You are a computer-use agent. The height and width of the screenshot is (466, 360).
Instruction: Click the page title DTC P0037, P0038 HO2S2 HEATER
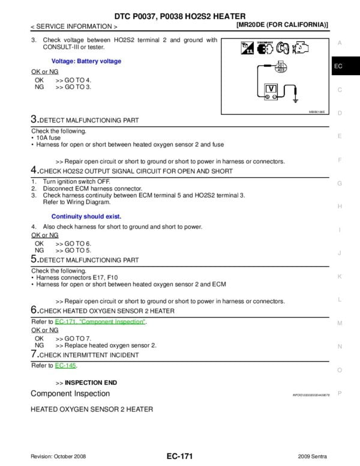pyautogui.click(x=179, y=16)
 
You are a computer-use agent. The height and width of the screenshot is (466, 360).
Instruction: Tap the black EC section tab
pyautogui.click(x=338, y=66)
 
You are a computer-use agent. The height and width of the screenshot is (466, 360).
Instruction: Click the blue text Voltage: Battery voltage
pyautogui.click(x=86, y=61)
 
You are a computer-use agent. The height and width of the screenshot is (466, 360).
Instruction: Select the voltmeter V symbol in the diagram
pyautogui.click(x=271, y=88)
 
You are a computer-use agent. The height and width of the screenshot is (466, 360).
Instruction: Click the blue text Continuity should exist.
pyautogui.click(x=86, y=216)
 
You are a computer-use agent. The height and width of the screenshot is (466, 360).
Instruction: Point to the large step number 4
pyautogui.click(x=34, y=171)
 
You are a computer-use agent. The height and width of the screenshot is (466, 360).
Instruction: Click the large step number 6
pyautogui.click(x=34, y=310)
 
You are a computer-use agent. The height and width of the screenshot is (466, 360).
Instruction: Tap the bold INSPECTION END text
pyautogui.click(x=91, y=383)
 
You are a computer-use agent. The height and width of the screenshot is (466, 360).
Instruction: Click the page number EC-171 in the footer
pyautogui.click(x=179, y=457)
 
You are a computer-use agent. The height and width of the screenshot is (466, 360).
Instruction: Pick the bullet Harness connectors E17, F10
pyautogui.click(x=74, y=277)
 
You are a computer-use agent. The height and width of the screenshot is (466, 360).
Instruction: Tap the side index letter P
pyautogui.click(x=340, y=393)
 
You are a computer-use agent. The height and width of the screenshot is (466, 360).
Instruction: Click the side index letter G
pyautogui.click(x=340, y=183)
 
